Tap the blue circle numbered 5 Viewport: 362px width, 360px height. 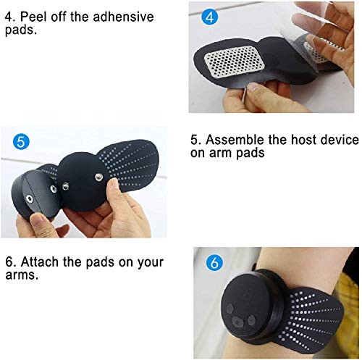20,143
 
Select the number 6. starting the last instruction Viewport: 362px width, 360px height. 9,262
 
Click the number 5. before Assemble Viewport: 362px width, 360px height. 195,139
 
